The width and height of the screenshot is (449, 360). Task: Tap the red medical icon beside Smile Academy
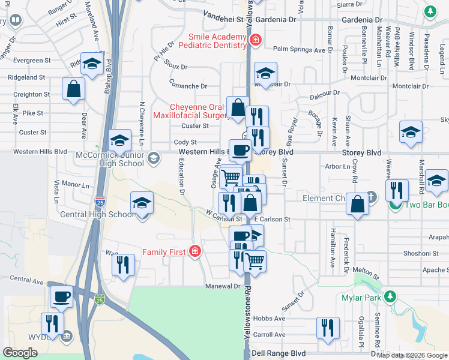[x=256, y=40]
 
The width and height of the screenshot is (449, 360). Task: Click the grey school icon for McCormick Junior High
[x=154, y=158]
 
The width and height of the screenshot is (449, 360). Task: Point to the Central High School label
[x=105, y=214]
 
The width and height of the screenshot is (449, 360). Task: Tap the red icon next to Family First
[x=194, y=251]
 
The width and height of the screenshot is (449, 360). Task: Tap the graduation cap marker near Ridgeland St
[x=91, y=64]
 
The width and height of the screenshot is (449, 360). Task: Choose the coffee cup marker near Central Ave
[x=61, y=296]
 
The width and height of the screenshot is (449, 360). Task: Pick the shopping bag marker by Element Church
[x=357, y=203]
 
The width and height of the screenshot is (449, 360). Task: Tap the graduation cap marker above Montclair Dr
[x=265, y=73]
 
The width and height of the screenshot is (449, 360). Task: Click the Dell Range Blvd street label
[x=278, y=354]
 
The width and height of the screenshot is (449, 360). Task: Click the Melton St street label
[x=368, y=275]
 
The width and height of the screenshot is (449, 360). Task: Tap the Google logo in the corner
[x=20, y=353]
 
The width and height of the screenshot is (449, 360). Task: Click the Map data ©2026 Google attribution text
[x=412, y=355]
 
